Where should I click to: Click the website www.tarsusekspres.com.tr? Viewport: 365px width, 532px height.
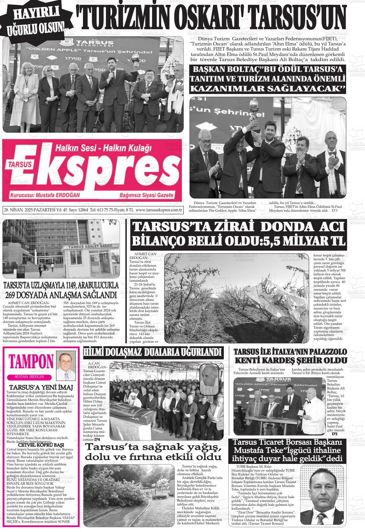[159, 210]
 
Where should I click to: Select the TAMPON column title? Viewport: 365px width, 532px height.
[31, 361]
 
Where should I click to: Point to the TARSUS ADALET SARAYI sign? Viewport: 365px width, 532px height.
[90, 246]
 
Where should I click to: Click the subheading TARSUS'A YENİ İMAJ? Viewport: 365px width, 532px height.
[41, 387]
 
